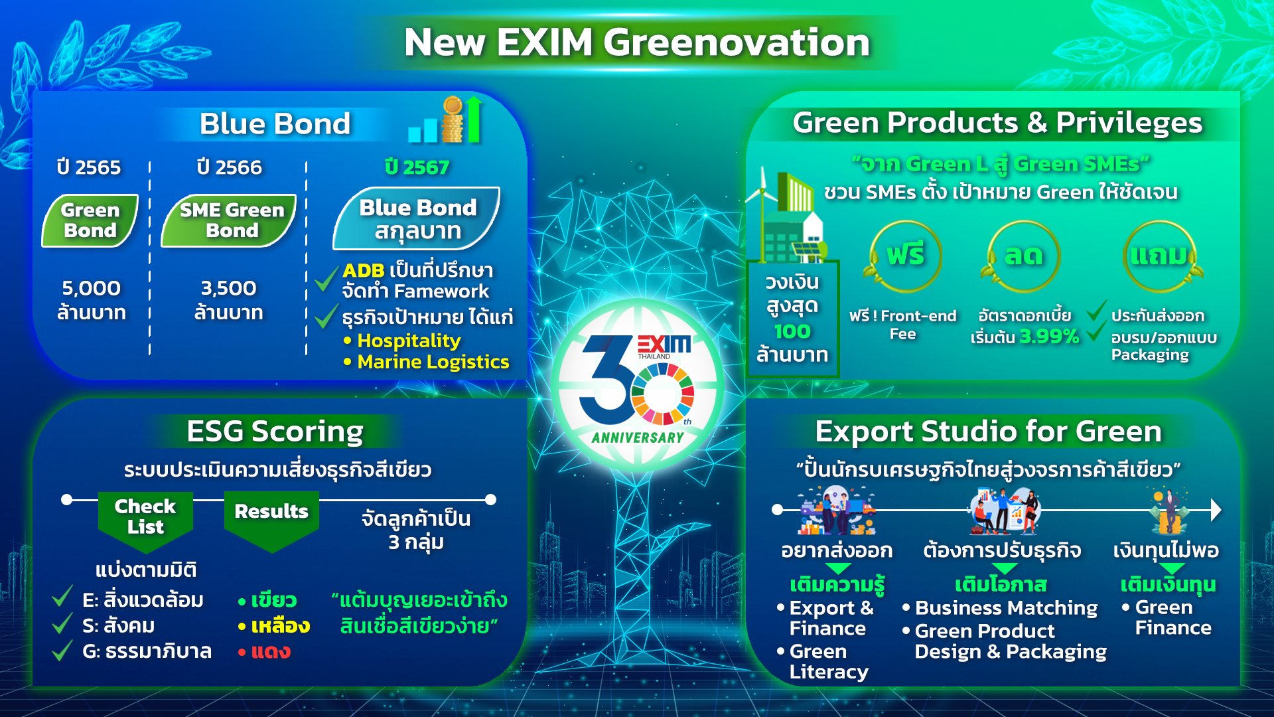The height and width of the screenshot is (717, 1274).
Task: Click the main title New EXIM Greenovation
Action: coord(637,42)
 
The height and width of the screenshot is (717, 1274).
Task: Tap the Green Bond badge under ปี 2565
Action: coord(90,220)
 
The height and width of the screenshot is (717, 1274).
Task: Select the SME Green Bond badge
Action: coord(229,220)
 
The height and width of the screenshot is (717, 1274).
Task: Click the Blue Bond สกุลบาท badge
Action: coord(417,218)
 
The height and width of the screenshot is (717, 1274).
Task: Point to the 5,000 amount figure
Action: coord(91,288)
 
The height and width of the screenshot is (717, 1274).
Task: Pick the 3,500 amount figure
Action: coord(228,288)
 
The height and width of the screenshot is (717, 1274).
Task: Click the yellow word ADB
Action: coord(364,271)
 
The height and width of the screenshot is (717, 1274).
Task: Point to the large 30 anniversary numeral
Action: coord(607,380)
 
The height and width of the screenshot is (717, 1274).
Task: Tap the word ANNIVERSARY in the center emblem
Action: coord(637,438)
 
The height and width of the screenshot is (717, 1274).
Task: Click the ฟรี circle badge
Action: coord(904,256)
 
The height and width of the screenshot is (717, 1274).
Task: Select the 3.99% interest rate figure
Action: coord(1049,337)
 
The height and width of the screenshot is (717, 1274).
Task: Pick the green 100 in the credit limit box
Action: coord(792,331)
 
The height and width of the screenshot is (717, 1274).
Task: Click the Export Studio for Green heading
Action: coord(988,432)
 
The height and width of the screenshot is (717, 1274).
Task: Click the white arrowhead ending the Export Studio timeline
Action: coord(1216,510)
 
